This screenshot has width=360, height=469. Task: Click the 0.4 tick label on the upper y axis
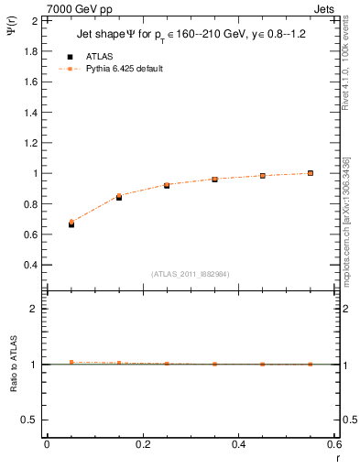coord(29,266)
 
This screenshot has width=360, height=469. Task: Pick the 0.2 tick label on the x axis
coord(142,444)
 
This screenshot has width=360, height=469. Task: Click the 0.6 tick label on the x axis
coord(333,444)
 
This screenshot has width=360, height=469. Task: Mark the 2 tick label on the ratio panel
coord(33,310)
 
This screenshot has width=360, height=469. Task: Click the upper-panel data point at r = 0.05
coord(71,223)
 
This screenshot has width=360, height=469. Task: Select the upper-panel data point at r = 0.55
coord(311,173)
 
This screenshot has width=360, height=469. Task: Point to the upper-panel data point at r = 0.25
coord(167,185)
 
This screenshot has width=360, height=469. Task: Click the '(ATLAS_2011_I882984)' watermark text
coord(191,274)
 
